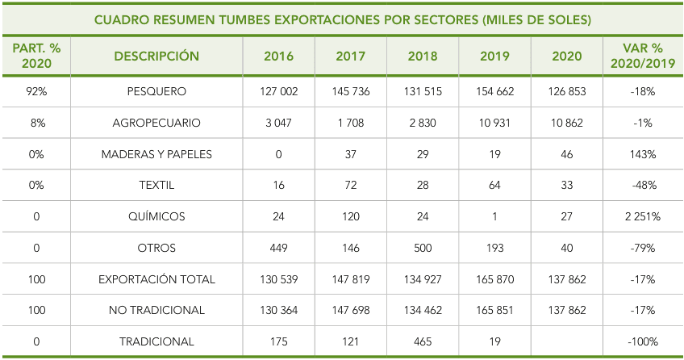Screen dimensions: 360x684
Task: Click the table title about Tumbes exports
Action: (x=343, y=19)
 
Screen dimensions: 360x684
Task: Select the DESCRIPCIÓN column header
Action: (x=156, y=57)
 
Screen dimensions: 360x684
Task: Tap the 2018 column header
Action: (x=423, y=57)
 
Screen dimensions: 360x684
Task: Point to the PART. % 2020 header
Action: (x=36, y=57)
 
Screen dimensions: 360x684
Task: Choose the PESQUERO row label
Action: (x=156, y=91)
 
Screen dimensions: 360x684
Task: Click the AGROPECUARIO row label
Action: (x=156, y=123)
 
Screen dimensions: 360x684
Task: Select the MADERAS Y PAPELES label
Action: (x=156, y=154)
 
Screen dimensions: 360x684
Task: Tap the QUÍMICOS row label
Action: (x=156, y=216)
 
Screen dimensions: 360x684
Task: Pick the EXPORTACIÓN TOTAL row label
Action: (x=156, y=279)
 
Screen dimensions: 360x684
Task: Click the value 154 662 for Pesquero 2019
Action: (x=495, y=91)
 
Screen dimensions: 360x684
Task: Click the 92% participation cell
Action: (x=36, y=91)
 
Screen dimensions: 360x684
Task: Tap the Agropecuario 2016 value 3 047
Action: (x=279, y=123)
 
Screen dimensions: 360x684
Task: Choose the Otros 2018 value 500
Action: (x=423, y=248)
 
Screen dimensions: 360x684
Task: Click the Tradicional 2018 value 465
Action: (x=423, y=341)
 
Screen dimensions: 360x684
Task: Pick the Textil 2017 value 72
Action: (x=350, y=185)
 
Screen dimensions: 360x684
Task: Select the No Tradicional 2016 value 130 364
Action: (x=279, y=310)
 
